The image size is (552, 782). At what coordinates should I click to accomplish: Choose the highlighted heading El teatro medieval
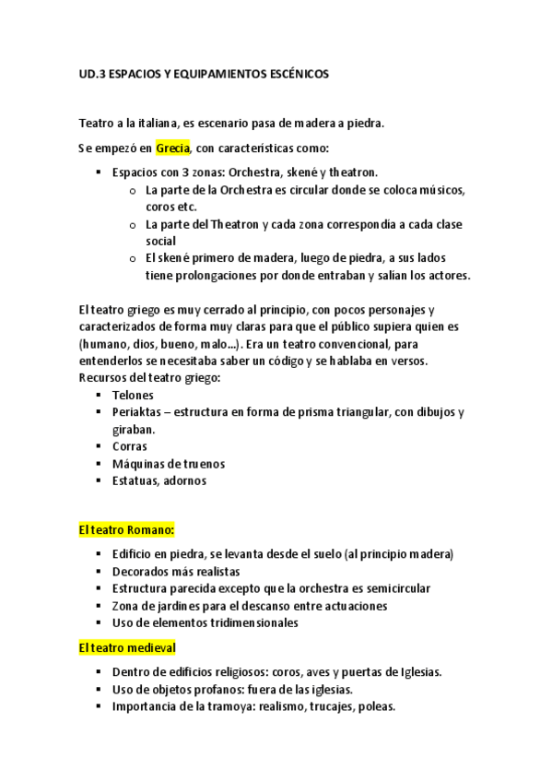(x=127, y=648)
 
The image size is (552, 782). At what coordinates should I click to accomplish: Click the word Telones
(x=133, y=395)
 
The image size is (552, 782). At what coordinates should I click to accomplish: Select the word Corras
(x=130, y=446)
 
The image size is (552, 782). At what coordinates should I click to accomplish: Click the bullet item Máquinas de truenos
(x=169, y=464)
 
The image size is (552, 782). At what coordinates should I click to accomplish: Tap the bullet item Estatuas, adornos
(x=159, y=480)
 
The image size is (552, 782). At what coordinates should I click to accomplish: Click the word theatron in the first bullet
(x=353, y=172)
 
